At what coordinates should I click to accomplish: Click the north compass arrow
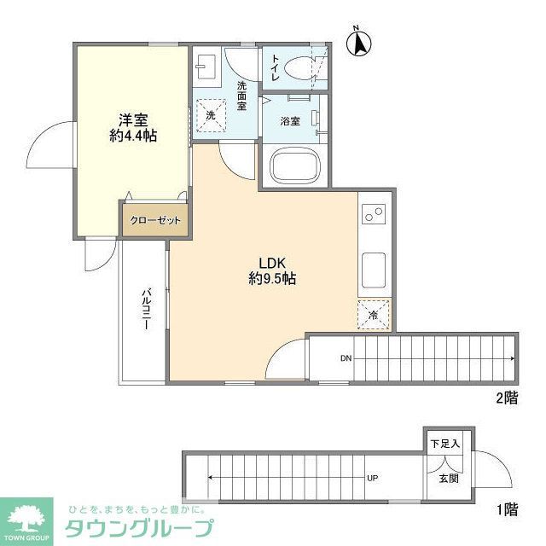[x=359, y=42]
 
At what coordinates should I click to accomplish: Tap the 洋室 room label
[x=131, y=119]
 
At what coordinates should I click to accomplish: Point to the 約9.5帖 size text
[x=273, y=278]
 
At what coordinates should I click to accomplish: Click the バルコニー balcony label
[x=146, y=313]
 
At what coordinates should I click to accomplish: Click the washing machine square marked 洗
[x=210, y=114]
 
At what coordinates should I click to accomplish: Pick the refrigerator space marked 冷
[x=375, y=315]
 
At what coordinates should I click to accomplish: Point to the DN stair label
[x=346, y=358]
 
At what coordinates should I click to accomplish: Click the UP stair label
[x=373, y=477]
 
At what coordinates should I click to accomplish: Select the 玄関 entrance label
[x=450, y=479]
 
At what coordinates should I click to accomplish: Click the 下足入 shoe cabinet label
[x=444, y=444]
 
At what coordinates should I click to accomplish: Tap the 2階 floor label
[x=507, y=398]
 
